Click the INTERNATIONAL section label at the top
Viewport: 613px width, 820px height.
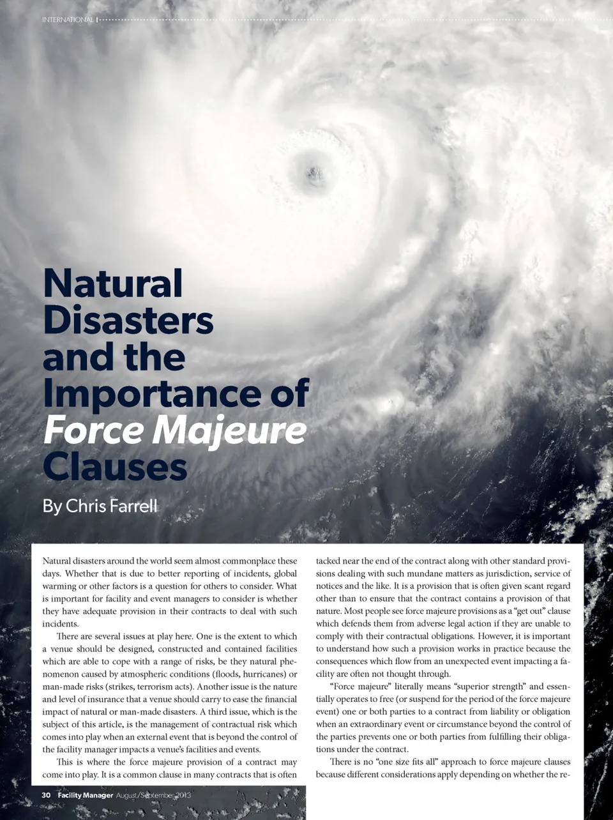tap(67, 20)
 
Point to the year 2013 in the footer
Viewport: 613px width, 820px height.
tap(179, 795)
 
